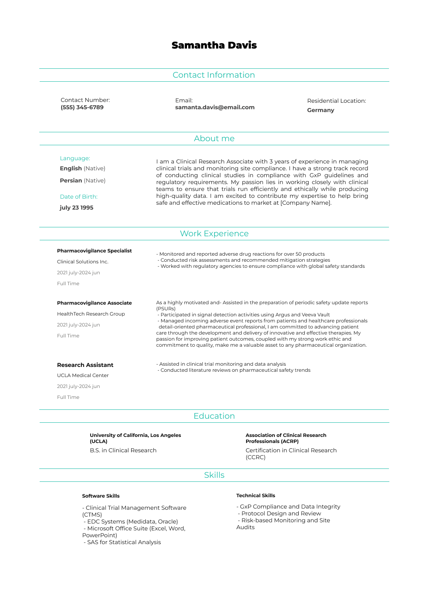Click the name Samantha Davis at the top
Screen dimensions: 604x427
pos(214,45)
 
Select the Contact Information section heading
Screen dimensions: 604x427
pos(214,75)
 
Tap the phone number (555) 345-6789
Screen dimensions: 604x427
pos(82,107)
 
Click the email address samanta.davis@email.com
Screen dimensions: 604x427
pos(215,107)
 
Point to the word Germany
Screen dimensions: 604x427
pos(321,110)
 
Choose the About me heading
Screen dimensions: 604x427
pos(214,138)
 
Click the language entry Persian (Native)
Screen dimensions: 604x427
pos(83,180)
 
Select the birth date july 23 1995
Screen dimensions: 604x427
pos(76,208)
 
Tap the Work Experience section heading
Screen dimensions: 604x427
pos(214,233)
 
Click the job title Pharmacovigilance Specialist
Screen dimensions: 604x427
pos(94,251)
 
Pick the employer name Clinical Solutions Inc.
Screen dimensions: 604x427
pos(83,262)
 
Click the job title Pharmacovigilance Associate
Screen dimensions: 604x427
pos(94,303)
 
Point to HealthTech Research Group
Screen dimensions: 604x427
pos(91,314)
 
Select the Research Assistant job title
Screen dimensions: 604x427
pos(85,365)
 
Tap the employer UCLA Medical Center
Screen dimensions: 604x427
pos(83,375)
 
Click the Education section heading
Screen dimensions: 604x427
pos(214,416)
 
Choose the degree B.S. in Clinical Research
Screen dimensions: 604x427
pos(123,450)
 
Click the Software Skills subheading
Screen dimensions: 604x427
pos(101,496)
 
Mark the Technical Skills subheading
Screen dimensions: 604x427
pos(255,496)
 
